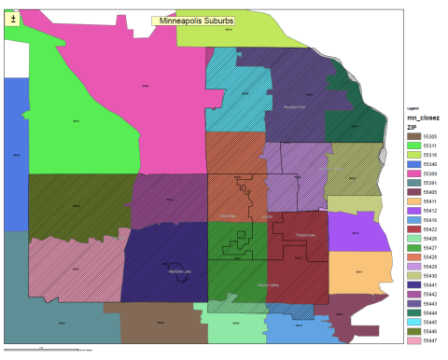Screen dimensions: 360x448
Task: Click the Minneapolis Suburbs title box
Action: pos(197,20)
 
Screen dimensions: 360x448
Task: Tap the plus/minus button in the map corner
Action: pos(12,19)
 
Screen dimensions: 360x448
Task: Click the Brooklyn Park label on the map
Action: pos(294,94)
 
